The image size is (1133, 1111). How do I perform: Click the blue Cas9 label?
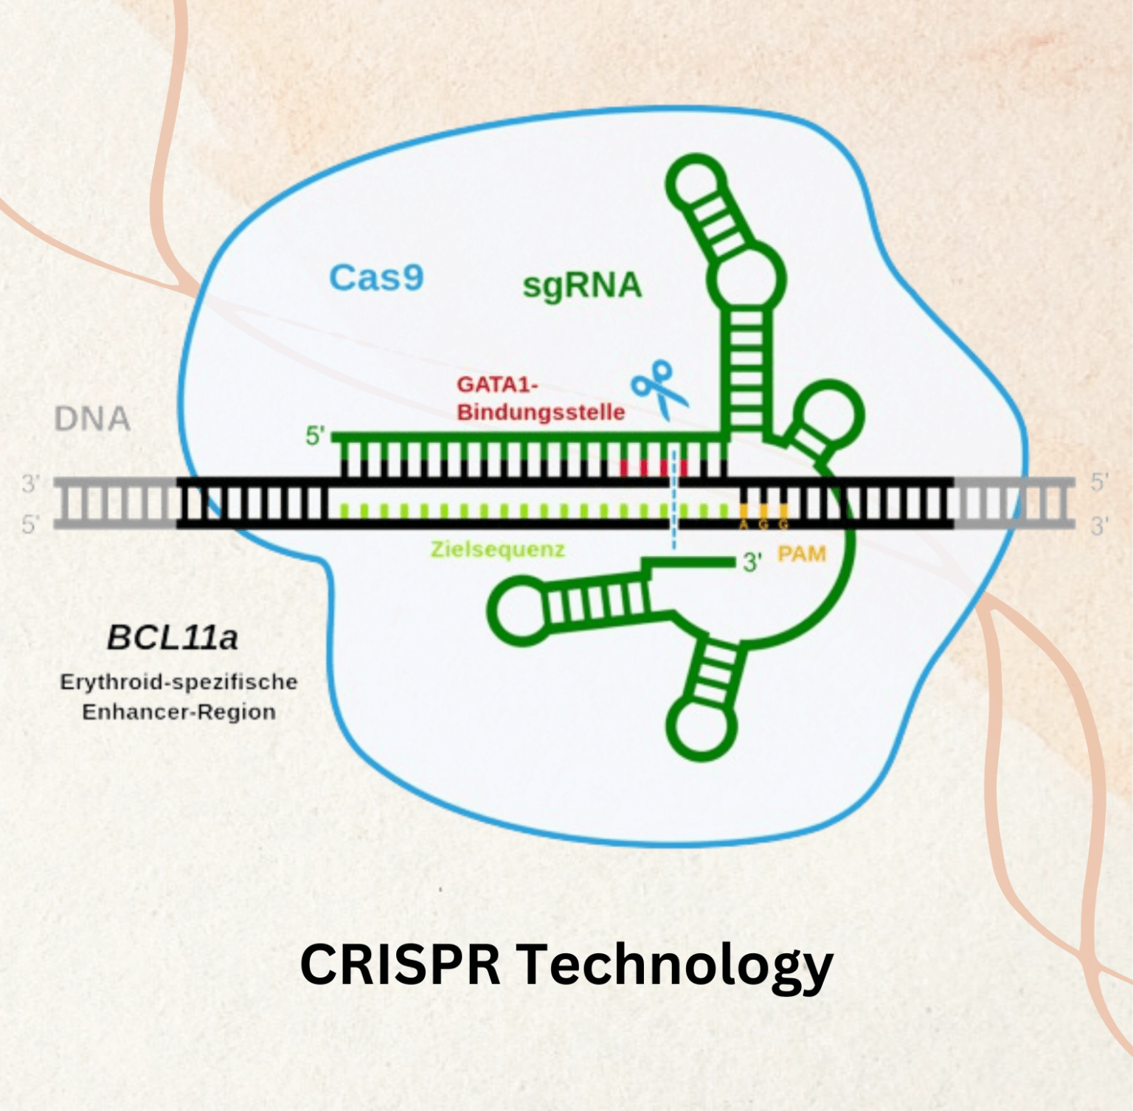(376, 278)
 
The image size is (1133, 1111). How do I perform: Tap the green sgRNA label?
(582, 286)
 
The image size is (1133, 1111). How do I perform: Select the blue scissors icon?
(659, 387)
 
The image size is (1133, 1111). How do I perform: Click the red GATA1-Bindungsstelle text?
(540, 398)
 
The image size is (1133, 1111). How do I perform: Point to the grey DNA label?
(92, 419)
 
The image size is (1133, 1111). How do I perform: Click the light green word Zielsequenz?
(498, 549)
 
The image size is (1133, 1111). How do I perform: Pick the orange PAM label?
(802, 554)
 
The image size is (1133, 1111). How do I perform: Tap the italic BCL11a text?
(173, 638)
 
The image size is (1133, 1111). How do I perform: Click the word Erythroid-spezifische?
(179, 682)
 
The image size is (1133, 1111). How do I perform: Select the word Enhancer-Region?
(179, 712)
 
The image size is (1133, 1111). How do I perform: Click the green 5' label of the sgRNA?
(316, 436)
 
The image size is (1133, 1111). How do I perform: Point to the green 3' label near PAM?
(752, 563)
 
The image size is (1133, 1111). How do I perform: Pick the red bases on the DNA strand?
(653, 468)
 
